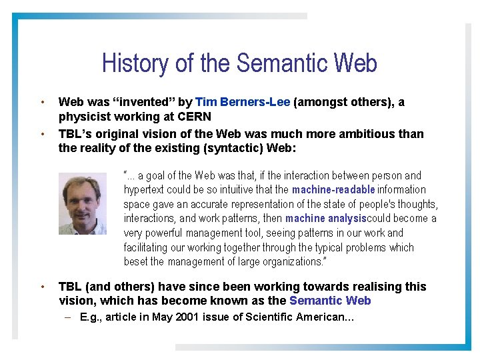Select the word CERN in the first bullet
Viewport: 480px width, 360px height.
point(195,117)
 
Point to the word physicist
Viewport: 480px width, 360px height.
point(84,117)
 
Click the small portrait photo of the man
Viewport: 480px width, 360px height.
point(83,203)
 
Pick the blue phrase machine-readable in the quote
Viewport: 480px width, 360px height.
point(333,190)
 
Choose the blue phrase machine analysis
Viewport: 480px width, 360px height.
point(325,219)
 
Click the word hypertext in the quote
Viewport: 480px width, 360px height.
point(143,190)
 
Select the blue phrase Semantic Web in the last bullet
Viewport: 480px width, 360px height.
point(330,301)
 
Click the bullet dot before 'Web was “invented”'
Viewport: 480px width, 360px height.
point(42,102)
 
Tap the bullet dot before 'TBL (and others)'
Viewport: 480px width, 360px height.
point(42,287)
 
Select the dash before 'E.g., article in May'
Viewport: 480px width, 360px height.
point(69,317)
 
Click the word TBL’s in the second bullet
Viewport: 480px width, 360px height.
point(74,133)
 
